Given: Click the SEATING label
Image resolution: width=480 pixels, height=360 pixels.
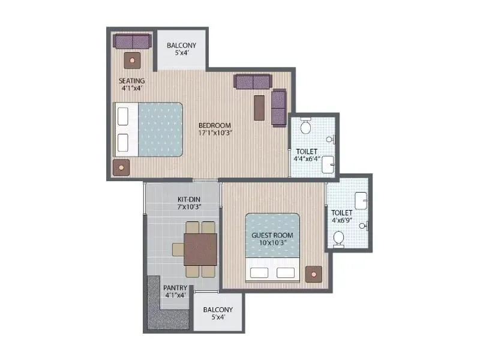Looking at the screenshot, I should (x=131, y=80).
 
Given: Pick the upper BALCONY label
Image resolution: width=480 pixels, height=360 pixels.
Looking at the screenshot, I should (x=181, y=45).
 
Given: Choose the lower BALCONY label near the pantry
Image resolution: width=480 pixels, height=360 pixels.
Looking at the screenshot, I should (x=217, y=310).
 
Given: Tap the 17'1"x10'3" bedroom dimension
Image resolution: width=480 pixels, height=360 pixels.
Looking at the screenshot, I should (x=215, y=133).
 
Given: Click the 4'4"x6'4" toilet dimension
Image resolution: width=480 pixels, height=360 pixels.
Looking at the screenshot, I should (x=307, y=160).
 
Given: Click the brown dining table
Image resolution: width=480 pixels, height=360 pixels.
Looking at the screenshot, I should (x=200, y=248).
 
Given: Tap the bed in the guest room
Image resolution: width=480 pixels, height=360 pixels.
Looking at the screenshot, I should (x=272, y=247).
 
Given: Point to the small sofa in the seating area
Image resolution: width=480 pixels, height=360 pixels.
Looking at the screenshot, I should (x=132, y=41).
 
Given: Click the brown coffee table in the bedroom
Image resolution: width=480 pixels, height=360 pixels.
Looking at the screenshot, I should (x=259, y=107).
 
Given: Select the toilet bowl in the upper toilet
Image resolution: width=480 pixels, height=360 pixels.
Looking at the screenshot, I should (x=305, y=125).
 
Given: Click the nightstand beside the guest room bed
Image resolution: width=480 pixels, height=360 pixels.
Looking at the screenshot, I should (x=313, y=274).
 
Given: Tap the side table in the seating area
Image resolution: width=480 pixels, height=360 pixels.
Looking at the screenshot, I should (x=132, y=59).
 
